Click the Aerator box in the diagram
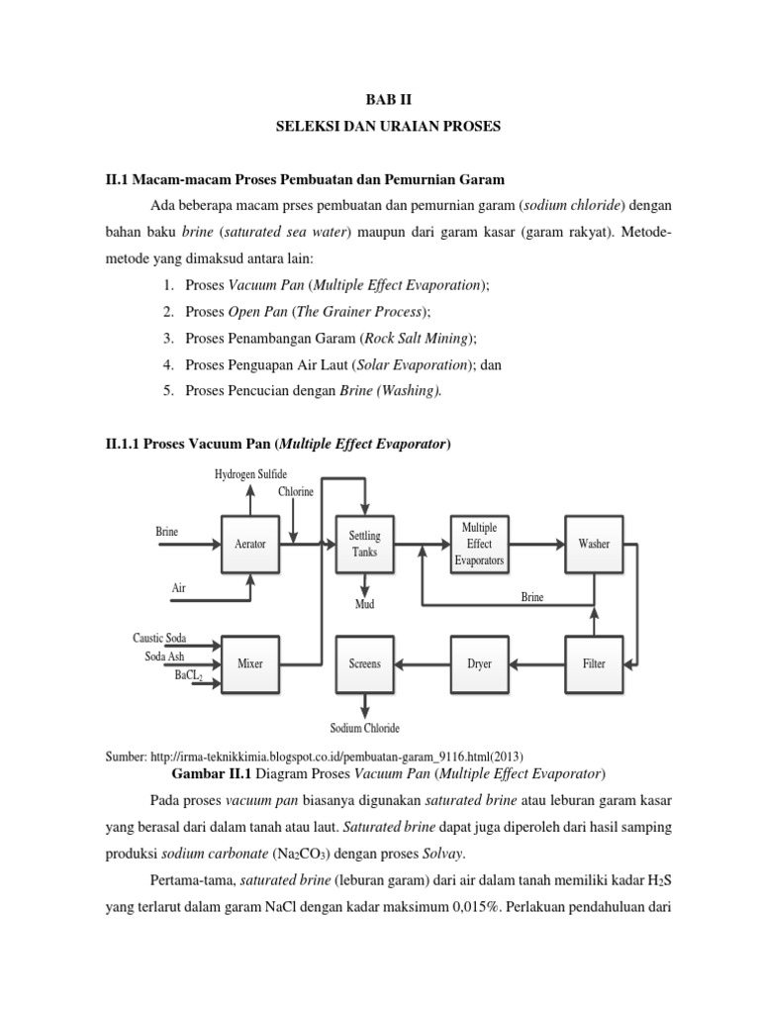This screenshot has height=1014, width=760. [x=249, y=544]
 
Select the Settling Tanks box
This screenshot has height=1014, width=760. [x=364, y=544]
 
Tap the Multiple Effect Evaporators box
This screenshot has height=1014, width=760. [x=479, y=544]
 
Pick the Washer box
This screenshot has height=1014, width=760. [x=594, y=544]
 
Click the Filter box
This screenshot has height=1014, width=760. [x=594, y=663]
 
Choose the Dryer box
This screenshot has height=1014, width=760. [x=479, y=663]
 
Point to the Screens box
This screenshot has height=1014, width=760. [x=364, y=663]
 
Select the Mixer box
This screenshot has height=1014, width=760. [x=249, y=663]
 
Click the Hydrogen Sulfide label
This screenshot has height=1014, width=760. [x=250, y=474]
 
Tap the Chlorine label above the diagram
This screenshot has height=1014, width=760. [x=295, y=491]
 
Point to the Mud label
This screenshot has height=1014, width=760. [x=364, y=603]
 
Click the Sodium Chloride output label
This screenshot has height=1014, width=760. [x=364, y=729]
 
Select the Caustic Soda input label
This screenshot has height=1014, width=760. [x=159, y=638]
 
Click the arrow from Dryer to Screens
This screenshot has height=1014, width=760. [x=423, y=663]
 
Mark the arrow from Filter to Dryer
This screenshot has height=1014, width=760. [x=536, y=663]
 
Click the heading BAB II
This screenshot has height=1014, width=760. [x=379, y=100]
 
